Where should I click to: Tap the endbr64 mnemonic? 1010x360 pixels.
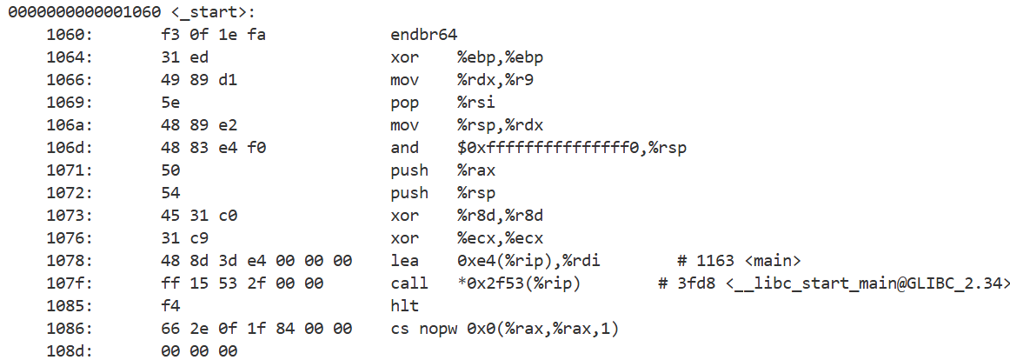(424, 35)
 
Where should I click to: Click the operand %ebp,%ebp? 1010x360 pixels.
(501, 57)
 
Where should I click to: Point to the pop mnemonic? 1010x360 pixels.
(404, 103)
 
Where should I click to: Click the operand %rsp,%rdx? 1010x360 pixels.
(501, 125)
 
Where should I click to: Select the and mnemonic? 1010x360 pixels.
(404, 148)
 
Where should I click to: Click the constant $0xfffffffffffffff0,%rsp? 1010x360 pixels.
(572, 148)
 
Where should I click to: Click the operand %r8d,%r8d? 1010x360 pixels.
(501, 216)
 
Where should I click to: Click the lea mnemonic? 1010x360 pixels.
(404, 261)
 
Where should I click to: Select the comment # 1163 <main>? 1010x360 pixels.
(738, 261)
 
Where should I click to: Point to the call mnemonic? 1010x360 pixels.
(409, 283)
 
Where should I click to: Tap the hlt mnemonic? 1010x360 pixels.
(404, 306)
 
